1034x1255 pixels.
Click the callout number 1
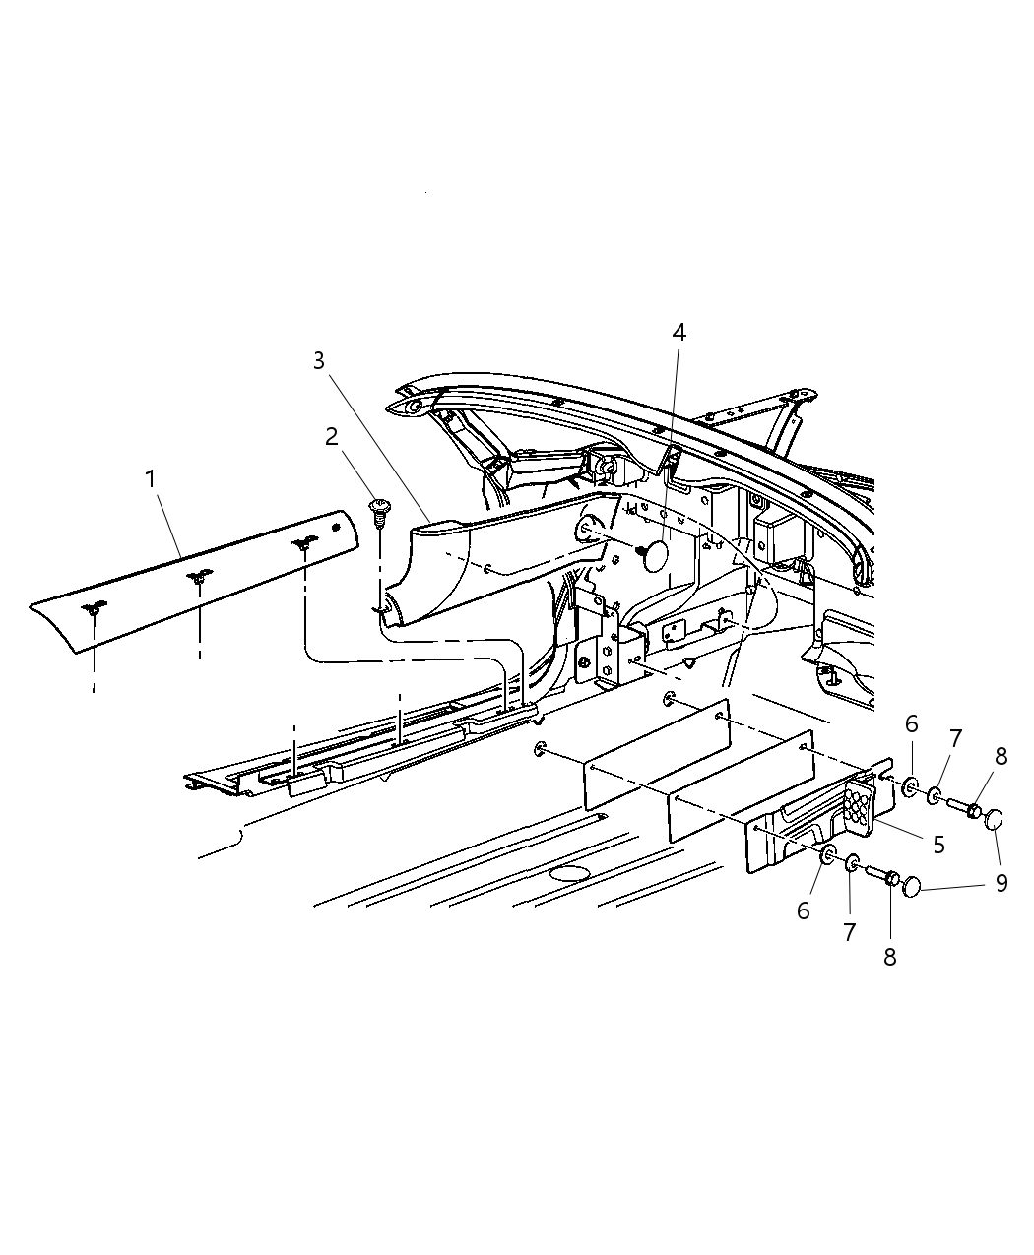point(150,479)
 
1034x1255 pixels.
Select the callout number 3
point(318,361)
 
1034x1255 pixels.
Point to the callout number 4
point(679,333)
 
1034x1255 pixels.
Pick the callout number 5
point(939,844)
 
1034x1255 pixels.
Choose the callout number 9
point(1002,883)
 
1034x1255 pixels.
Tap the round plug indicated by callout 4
point(652,555)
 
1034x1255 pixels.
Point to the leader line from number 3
point(374,443)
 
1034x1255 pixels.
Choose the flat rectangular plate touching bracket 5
point(741,784)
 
